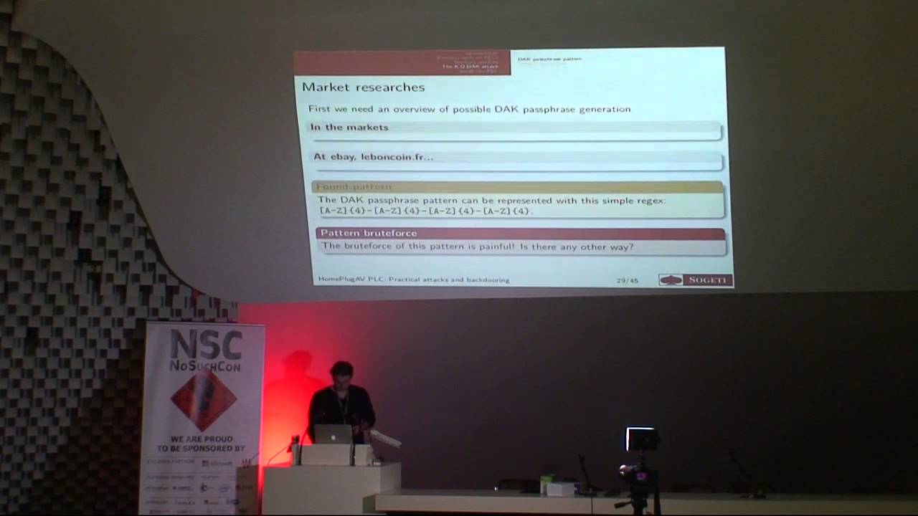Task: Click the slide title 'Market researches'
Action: point(363,87)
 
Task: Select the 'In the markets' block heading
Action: point(349,128)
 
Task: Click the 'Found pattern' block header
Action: point(355,187)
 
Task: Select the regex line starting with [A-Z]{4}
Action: point(426,211)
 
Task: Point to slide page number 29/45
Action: point(626,280)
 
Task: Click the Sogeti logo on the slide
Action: point(695,279)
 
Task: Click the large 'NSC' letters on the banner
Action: point(206,345)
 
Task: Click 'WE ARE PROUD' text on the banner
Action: point(204,438)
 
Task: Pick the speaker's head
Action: point(341,374)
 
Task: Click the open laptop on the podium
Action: point(333,434)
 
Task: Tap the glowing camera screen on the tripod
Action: point(642,439)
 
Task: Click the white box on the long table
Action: point(561,488)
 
